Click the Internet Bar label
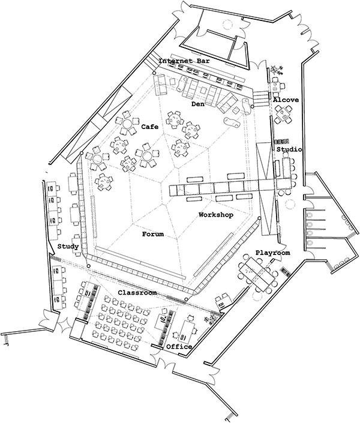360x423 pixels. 184,61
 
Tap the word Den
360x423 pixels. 197,104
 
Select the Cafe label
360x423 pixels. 150,127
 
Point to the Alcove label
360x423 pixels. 286,100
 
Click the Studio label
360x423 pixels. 289,149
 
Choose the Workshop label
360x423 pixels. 216,215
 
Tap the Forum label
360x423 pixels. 153,234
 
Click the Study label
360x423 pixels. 68,247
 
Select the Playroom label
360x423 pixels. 273,253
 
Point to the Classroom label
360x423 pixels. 137,292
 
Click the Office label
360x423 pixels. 179,347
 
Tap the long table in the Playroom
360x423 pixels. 256,272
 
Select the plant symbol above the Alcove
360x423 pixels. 277,70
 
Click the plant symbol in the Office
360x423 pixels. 211,319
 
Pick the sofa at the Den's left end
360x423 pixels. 160,85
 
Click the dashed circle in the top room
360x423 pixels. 227,25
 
